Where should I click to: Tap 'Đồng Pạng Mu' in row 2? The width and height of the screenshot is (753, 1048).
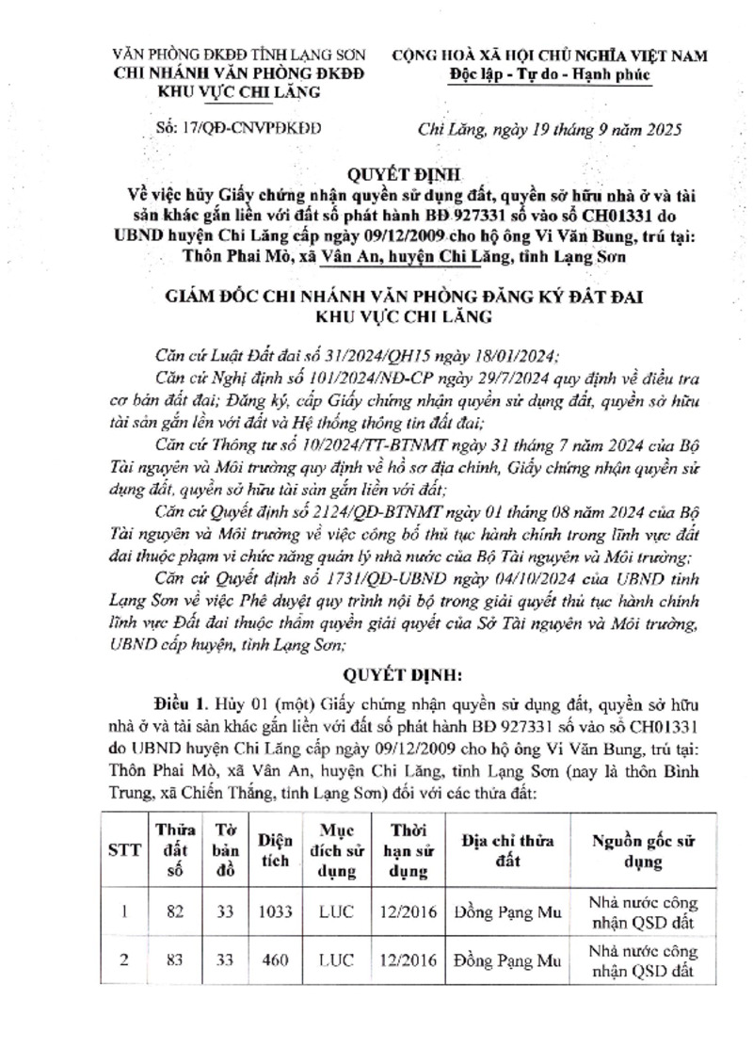point(507,961)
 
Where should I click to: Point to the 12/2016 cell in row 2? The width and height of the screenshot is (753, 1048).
point(409,961)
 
